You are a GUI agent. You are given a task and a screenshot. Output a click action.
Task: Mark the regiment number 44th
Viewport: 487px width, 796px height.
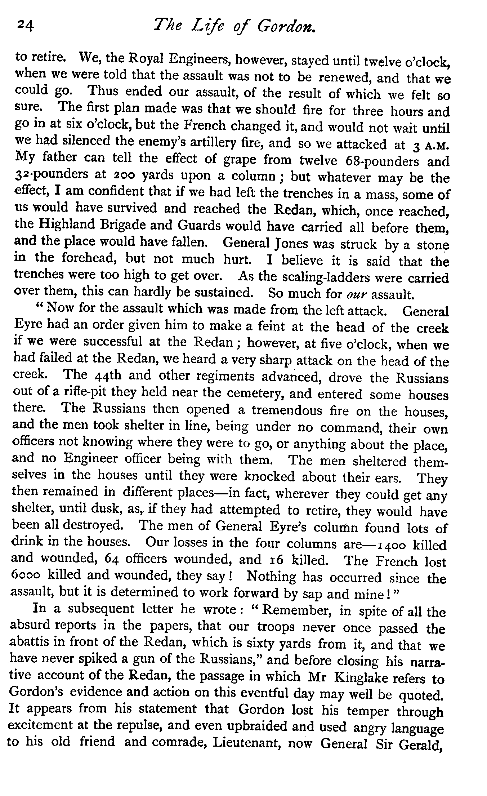104,376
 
